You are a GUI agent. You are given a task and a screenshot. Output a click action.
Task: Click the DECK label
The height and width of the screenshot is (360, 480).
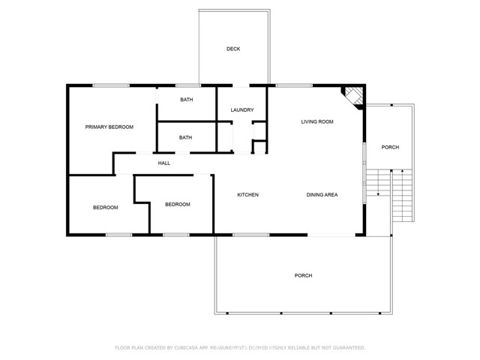[233, 49]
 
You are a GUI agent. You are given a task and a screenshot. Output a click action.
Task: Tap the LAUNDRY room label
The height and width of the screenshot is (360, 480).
[242, 110]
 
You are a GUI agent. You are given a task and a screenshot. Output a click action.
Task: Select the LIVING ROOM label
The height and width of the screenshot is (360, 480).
[317, 121]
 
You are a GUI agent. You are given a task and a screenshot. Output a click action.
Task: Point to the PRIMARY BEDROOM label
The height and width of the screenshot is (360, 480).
[109, 127]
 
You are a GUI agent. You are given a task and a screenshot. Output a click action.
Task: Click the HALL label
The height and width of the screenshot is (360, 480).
[163, 163]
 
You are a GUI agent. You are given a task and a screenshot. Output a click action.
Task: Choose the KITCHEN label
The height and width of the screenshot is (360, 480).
[248, 195]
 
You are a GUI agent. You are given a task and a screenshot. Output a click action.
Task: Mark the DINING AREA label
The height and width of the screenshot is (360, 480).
[322, 195]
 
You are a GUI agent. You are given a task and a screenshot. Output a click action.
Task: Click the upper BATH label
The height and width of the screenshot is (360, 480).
[185, 100]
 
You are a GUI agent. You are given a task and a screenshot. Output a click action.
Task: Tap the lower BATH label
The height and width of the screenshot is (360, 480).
[185, 138]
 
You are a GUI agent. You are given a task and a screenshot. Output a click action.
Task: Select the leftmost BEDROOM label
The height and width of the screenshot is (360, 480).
[106, 208]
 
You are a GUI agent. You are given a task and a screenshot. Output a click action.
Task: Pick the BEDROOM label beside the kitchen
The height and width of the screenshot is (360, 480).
[178, 204]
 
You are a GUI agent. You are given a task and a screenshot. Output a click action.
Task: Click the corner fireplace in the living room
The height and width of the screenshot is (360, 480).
[354, 95]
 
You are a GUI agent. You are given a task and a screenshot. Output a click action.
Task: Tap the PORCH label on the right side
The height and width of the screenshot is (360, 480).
[390, 147]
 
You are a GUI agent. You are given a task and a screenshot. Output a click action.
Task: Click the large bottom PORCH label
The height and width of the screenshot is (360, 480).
[303, 276]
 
